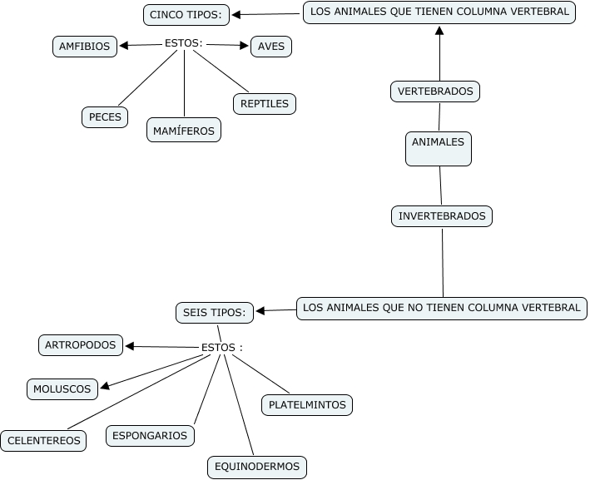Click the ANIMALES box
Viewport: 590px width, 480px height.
(439, 148)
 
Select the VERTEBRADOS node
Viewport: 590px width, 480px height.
(435, 92)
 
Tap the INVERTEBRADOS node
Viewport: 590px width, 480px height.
(442, 216)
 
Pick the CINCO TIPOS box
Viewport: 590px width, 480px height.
(186, 14)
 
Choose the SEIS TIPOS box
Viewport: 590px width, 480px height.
(213, 313)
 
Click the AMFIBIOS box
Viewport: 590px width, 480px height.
(84, 47)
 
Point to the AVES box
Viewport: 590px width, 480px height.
(271, 47)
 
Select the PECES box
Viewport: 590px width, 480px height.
(105, 117)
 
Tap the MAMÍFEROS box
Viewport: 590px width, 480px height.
(184, 131)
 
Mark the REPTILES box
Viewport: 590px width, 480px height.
(265, 104)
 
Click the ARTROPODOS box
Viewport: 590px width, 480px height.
(81, 344)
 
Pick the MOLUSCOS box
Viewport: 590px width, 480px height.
(62, 388)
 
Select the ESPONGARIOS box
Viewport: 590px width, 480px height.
(151, 435)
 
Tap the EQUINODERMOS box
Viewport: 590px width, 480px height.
(257, 467)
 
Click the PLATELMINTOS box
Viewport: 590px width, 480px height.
(306, 405)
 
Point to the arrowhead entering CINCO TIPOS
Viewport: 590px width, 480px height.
(236, 14)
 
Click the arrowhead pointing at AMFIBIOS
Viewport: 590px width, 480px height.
(123, 47)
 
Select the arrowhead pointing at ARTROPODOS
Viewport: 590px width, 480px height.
(130, 346)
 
